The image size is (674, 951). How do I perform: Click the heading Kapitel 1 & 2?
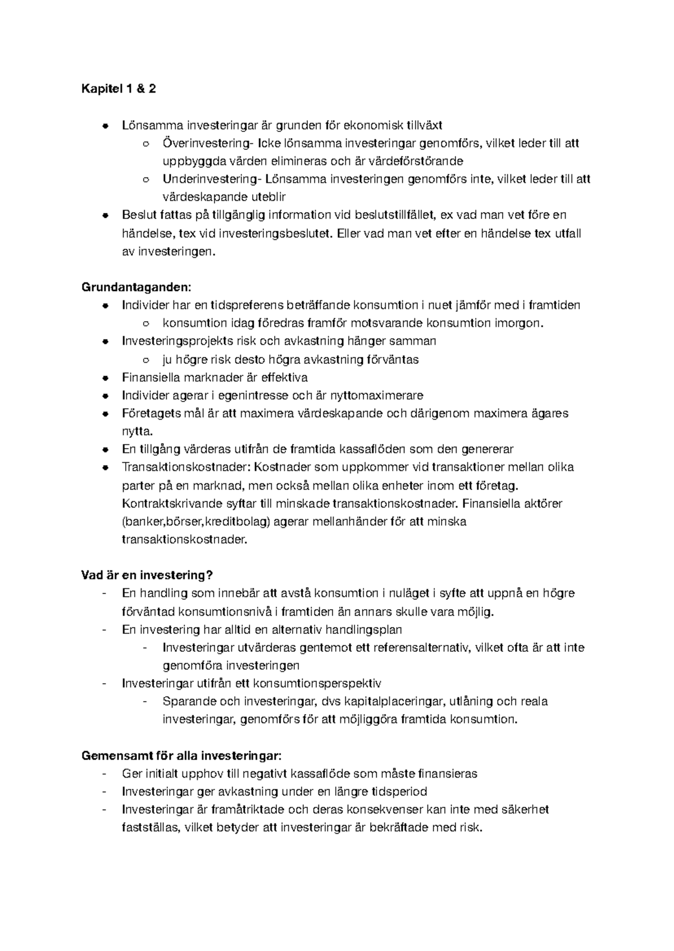119,89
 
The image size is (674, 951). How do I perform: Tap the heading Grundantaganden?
136,287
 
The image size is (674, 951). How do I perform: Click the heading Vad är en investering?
148,575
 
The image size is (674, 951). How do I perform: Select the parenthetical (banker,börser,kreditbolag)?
197,522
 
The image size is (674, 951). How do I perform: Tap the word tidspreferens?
247,305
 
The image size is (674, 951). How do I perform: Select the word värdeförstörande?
416,161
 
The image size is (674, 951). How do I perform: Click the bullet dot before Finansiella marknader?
105,378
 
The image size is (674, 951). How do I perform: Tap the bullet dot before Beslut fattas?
105,215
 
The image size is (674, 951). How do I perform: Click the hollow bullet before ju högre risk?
146,360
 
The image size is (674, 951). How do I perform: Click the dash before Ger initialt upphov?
104,774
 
